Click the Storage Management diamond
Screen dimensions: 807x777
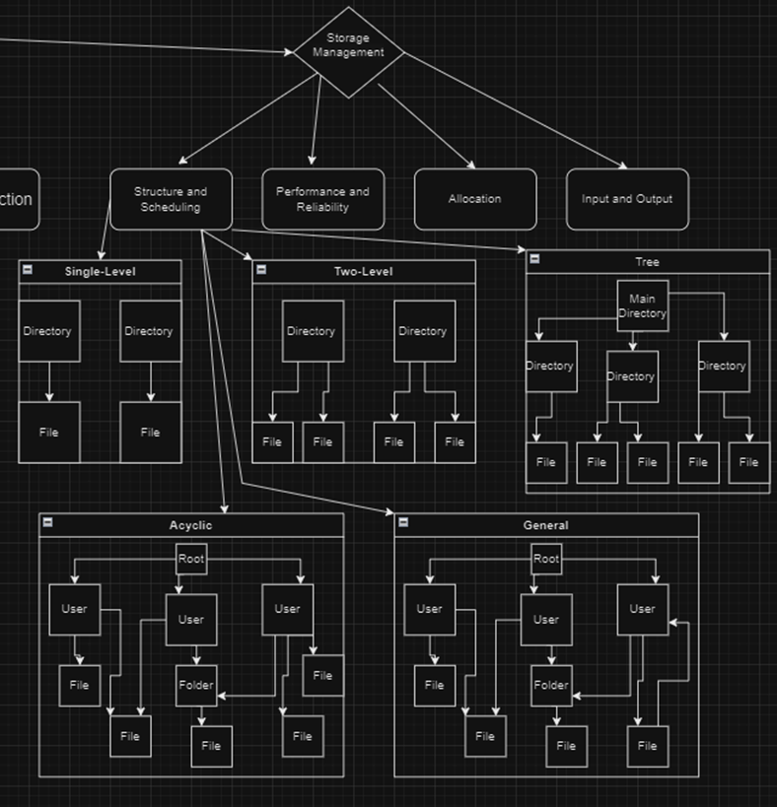[348, 52]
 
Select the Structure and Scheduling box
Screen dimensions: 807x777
[171, 199]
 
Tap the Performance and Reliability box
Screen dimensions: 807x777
[322, 199]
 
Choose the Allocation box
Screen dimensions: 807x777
[474, 199]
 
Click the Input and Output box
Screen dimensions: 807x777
[626, 199]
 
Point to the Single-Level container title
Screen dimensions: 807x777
[101, 272]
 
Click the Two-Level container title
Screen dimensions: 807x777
[363, 272]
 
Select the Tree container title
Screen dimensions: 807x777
[647, 262]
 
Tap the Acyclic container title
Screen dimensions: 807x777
[190, 525]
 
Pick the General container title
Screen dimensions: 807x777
[545, 525]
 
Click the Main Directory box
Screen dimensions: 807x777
[642, 306]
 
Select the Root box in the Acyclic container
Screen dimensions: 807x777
[191, 560]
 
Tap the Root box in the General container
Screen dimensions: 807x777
[546, 560]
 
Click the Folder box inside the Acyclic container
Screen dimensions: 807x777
[196, 686]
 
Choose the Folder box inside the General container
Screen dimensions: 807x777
[551, 686]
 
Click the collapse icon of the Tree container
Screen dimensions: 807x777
[534, 259]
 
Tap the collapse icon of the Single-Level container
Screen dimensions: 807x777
[28, 269]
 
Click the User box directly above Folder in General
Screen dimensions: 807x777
[545, 620]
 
